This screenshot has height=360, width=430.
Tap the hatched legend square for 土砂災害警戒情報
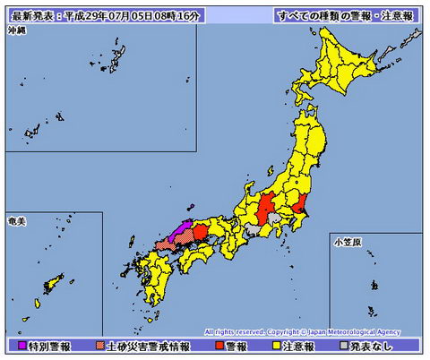click(99, 345)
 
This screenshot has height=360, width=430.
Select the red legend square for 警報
click(221, 345)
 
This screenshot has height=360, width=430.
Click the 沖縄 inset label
click(16, 30)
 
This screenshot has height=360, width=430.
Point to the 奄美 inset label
click(16, 219)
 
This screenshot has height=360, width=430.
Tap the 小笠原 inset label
click(345, 241)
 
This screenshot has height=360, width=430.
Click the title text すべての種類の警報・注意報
click(345, 15)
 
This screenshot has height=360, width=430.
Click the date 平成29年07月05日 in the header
click(121, 15)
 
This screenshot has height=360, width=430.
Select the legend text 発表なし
click(376, 345)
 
